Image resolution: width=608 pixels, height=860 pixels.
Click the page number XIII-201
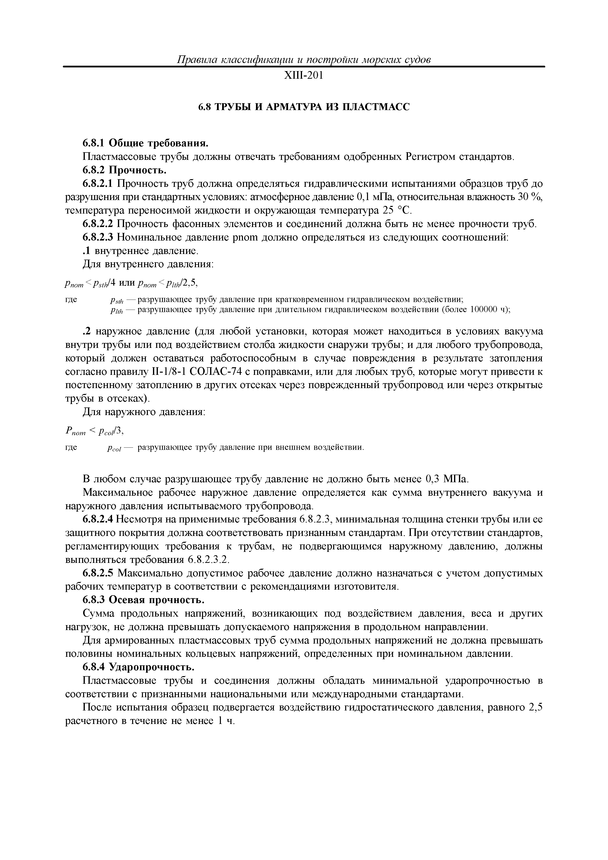(x=304, y=76)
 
